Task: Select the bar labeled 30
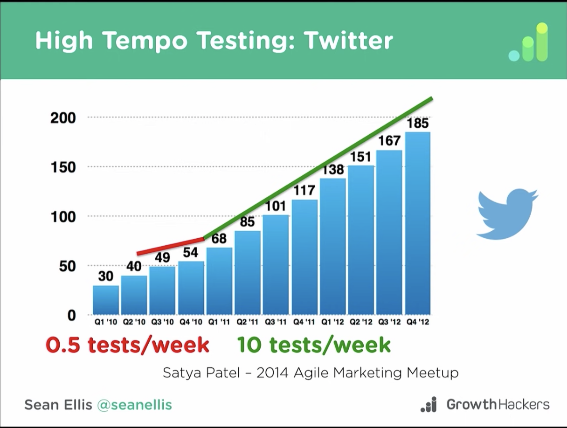click(106, 300)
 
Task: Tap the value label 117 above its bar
click(304, 190)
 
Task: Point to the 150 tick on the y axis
click(63, 167)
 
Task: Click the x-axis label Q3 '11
click(276, 322)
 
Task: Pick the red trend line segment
click(171, 246)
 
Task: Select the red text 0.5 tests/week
click(127, 345)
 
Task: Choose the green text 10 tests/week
click(314, 345)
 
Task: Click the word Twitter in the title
click(348, 41)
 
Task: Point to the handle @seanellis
click(134, 405)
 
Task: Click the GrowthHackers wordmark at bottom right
click(498, 404)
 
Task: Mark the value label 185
click(418, 124)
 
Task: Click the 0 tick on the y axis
click(71, 316)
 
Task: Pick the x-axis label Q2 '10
click(134, 322)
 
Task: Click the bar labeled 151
click(361, 240)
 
